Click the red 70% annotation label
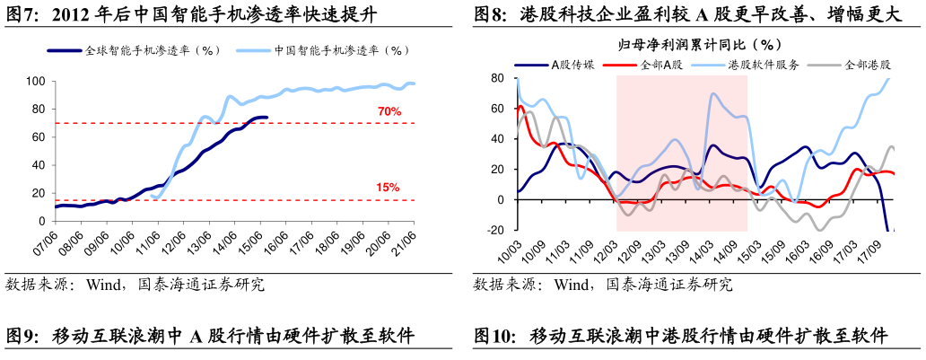[x=389, y=112]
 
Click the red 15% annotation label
[x=388, y=188]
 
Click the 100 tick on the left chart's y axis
[x=36, y=82]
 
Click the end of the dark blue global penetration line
[x=266, y=118]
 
